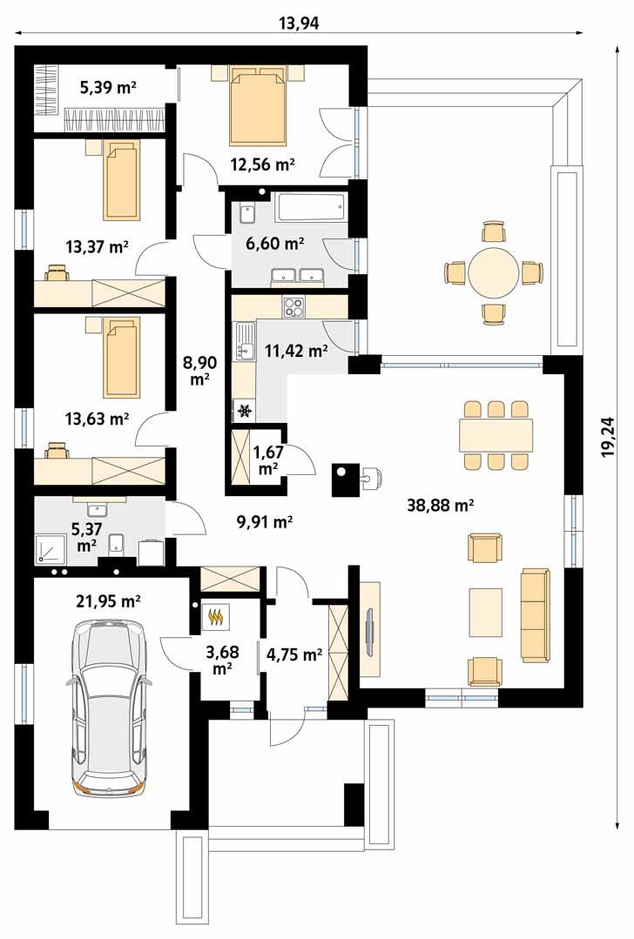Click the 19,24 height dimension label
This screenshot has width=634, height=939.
610,437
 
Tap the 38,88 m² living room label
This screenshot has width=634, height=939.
441,506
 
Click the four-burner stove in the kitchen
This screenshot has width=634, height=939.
293,307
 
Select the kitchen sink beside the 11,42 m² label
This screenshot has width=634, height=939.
245,341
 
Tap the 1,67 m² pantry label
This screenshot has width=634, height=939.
266,459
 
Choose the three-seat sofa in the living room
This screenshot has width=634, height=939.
535,615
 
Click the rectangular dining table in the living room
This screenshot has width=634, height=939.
496,435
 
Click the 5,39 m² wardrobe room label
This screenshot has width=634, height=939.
109,89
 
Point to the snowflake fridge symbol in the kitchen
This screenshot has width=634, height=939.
245,411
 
